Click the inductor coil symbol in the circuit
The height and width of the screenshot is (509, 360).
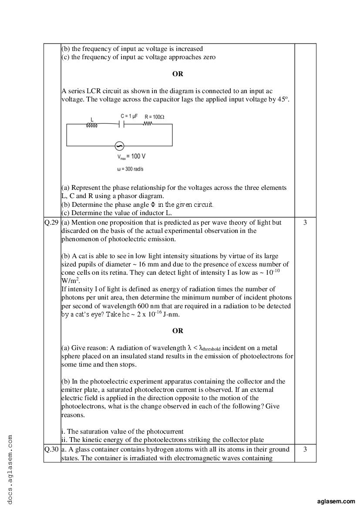point(92,125)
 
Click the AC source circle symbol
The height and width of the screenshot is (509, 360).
point(118,146)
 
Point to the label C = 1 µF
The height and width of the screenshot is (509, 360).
point(129,116)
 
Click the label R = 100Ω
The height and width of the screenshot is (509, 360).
point(155,117)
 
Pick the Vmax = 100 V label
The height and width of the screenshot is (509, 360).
point(131,156)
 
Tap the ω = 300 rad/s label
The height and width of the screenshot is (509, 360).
point(131,169)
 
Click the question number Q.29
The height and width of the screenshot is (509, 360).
point(52,222)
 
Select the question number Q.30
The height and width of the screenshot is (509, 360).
point(52,449)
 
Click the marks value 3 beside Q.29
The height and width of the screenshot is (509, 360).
point(305,222)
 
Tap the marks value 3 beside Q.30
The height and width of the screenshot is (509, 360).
point(305,449)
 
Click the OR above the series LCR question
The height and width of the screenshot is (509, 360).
point(178,74)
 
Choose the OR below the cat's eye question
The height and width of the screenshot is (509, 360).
point(178,331)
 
